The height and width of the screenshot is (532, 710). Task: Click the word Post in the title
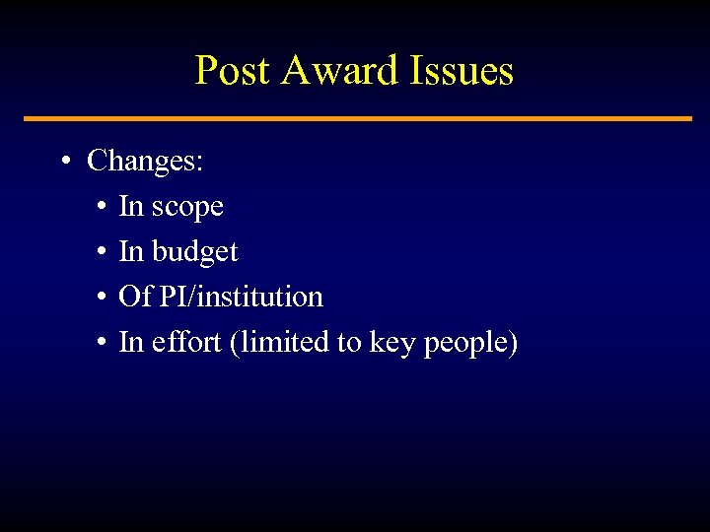pos(233,71)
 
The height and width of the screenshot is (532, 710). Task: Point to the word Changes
pos(145,161)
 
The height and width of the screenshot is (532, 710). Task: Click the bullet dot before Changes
pos(64,162)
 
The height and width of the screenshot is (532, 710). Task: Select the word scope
pos(187,207)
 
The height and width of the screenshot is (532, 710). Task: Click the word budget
pos(194,252)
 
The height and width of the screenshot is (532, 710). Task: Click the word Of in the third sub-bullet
pos(131,297)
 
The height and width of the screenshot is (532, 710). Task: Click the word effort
pos(187,342)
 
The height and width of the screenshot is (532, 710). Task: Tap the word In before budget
pos(130,252)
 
